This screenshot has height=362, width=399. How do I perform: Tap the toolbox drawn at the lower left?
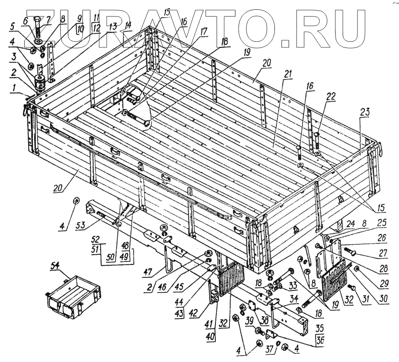point(74,293)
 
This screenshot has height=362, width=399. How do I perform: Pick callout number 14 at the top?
point(128,24)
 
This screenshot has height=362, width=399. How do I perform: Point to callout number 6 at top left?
point(25,21)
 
